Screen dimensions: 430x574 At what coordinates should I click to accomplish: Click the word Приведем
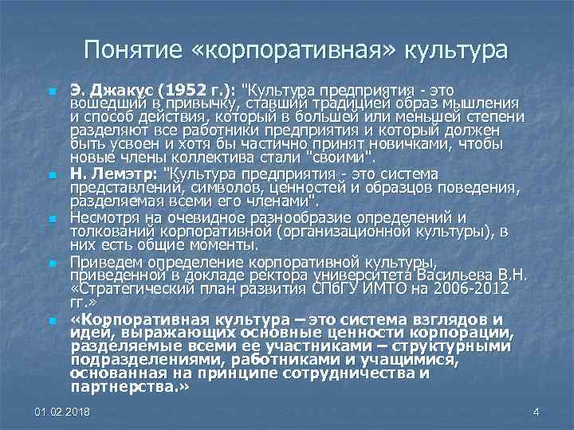pos(102,261)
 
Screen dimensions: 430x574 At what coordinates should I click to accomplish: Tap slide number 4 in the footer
pos(536,411)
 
